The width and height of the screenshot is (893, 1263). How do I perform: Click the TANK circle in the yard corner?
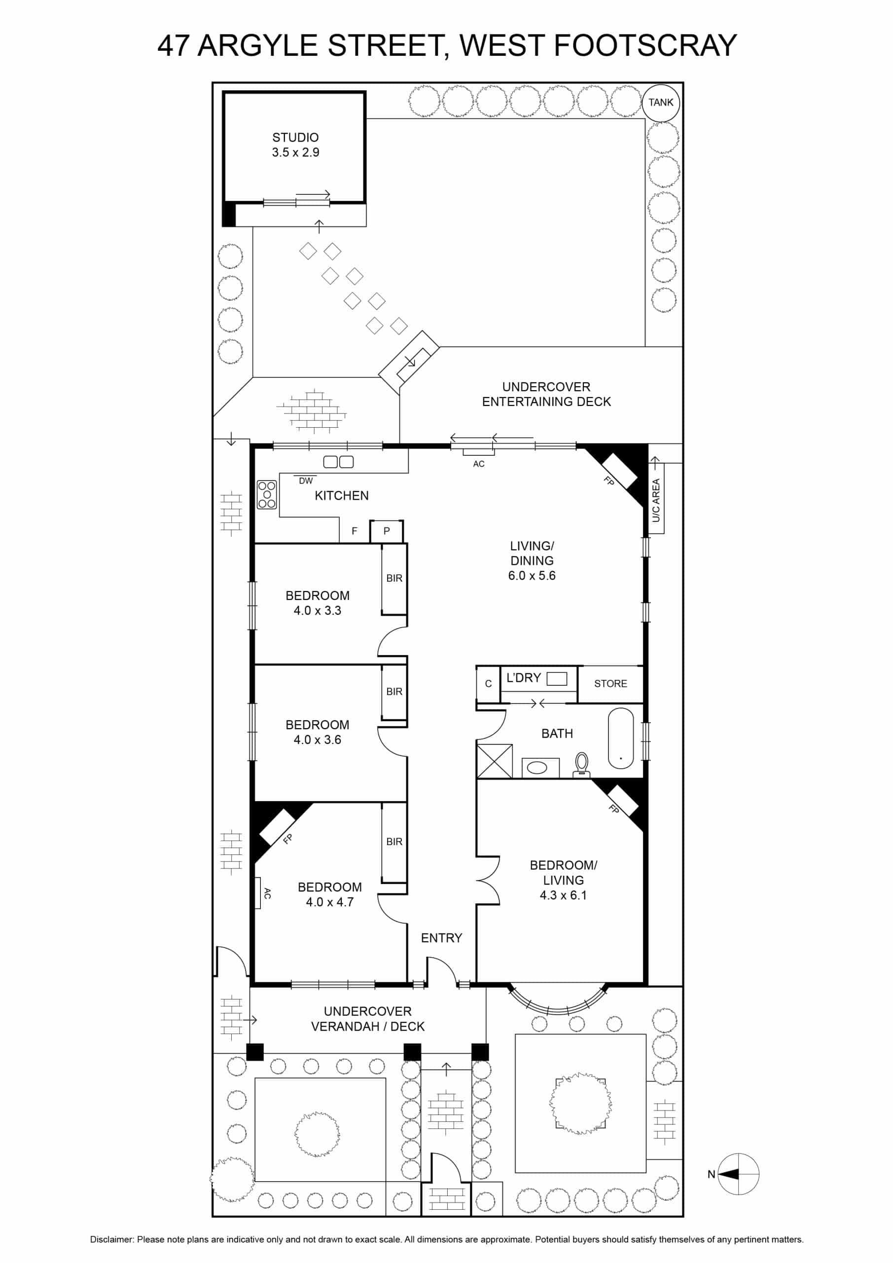660,102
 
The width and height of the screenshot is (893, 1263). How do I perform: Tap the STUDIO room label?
295,137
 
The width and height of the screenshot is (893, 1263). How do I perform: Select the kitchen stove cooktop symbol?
267,494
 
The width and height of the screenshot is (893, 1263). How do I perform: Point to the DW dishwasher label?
306,481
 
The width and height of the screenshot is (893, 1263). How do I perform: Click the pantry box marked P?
386,531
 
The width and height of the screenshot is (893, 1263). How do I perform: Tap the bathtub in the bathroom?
621,738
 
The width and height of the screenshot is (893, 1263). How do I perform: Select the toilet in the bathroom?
582,765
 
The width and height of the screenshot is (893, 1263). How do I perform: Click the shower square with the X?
495,761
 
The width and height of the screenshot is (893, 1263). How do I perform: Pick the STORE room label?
610,683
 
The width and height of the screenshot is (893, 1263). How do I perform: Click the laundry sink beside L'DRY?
557,679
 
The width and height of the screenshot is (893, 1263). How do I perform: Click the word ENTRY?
441,938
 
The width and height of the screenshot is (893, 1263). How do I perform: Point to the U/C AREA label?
655,500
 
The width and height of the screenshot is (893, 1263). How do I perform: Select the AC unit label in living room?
478,464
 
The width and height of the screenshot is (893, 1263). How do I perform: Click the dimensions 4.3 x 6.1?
563,895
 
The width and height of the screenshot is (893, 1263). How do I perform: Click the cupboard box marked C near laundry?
488,684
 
